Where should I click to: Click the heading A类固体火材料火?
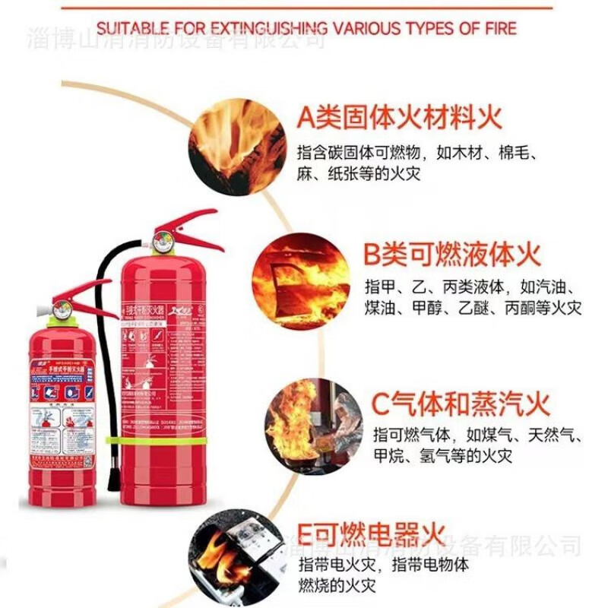(x=399, y=118)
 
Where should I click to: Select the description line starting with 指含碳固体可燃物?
(x=417, y=151)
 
